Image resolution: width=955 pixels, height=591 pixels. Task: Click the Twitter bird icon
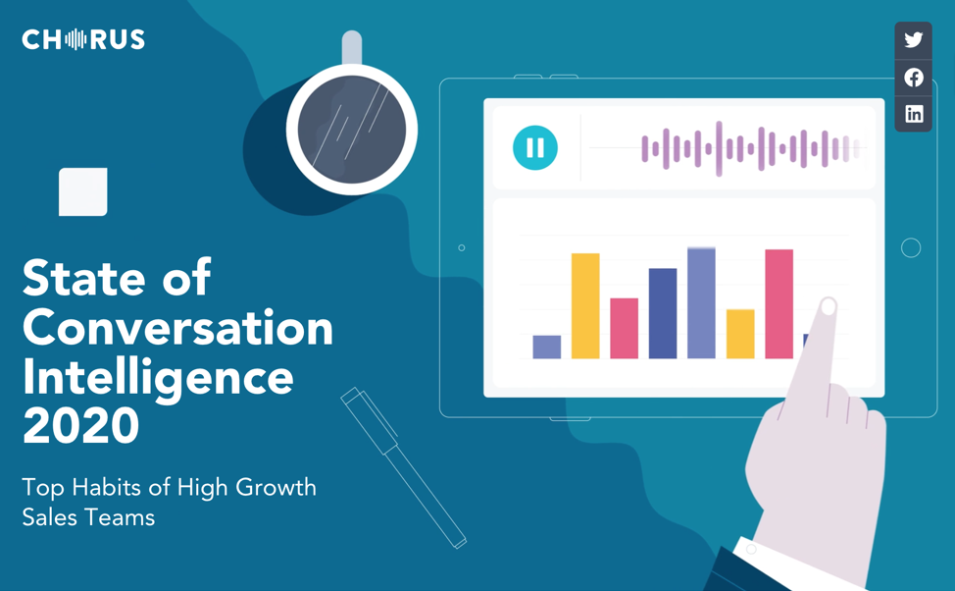click(913, 40)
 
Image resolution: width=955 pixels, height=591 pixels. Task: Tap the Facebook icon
click(913, 78)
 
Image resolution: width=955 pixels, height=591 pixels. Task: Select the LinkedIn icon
click(914, 114)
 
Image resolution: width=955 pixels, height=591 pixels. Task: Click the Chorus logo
click(83, 39)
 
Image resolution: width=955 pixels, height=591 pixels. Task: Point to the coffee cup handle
click(352, 47)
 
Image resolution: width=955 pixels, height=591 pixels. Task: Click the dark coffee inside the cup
click(351, 130)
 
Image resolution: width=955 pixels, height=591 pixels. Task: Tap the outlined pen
click(404, 468)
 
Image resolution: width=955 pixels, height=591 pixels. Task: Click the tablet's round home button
click(911, 247)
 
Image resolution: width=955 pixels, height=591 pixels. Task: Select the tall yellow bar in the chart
click(585, 305)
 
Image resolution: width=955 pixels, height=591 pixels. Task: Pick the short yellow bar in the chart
click(740, 334)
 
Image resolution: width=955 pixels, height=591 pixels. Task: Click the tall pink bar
click(779, 303)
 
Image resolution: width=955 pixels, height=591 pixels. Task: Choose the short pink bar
click(625, 328)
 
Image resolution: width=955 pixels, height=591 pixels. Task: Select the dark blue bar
click(663, 313)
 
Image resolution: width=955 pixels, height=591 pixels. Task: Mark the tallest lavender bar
click(702, 303)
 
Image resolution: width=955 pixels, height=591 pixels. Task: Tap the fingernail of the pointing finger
click(829, 306)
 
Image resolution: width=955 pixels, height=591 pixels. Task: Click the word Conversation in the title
click(177, 328)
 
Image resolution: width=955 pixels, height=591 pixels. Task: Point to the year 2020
click(81, 425)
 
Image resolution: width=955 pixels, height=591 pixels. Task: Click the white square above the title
click(82, 191)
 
